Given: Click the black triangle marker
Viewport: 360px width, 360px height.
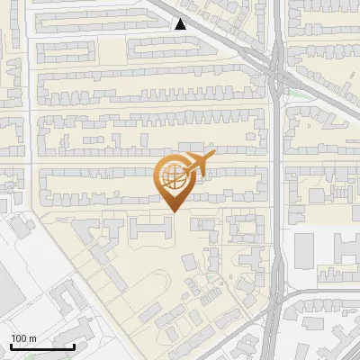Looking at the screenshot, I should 181,24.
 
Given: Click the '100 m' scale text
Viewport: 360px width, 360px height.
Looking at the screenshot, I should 23,338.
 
